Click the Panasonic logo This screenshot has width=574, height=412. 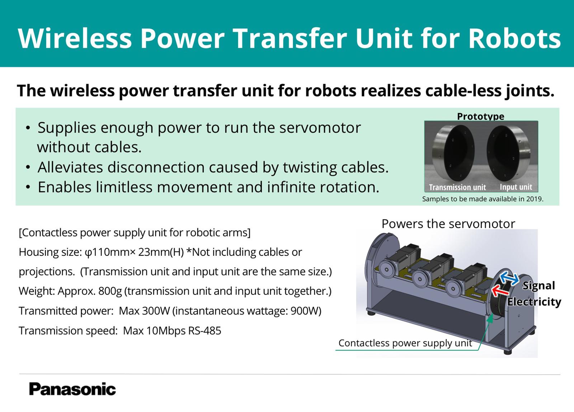[x=72, y=389]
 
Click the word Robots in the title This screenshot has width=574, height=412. [x=514, y=38]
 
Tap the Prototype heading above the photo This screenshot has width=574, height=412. [x=480, y=116]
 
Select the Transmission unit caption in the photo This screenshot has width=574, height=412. [x=457, y=187]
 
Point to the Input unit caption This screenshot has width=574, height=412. [x=516, y=187]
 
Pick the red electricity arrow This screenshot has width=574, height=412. [x=500, y=291]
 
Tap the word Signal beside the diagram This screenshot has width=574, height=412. [x=538, y=286]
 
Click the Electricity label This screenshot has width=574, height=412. [x=534, y=302]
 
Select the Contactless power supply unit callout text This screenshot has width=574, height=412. [x=405, y=343]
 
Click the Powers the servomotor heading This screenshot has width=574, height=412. [x=448, y=224]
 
